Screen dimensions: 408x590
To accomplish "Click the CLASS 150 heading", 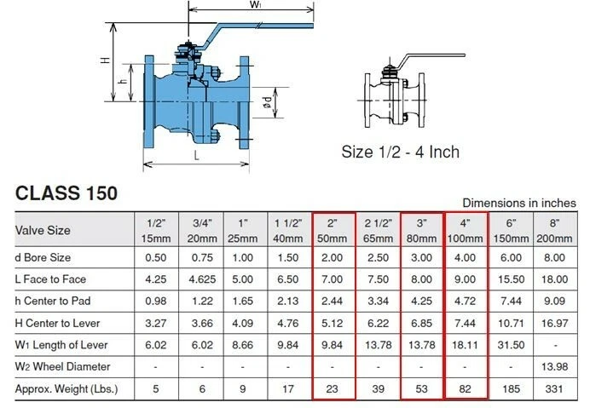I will (67, 193).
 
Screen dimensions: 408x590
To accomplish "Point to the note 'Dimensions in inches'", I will (518, 203).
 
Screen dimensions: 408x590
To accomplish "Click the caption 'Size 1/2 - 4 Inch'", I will (400, 152).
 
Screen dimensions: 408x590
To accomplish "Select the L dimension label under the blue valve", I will (195, 156).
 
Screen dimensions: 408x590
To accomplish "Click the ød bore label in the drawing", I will (268, 105).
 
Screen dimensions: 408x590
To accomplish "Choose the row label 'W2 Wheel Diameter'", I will (62, 367).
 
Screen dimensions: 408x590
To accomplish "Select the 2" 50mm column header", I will (333, 229).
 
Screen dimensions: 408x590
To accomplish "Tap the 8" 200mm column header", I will (555, 229).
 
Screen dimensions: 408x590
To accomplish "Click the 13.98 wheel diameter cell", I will (555, 367).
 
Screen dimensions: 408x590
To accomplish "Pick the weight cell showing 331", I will (555, 389).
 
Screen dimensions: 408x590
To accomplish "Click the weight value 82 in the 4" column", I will (466, 389).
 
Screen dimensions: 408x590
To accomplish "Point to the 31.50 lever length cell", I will (511, 345).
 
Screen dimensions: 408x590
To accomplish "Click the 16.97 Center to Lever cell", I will (555, 323).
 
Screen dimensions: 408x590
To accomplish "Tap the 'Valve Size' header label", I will (43, 229).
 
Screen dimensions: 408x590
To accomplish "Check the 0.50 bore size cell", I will (157, 257).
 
